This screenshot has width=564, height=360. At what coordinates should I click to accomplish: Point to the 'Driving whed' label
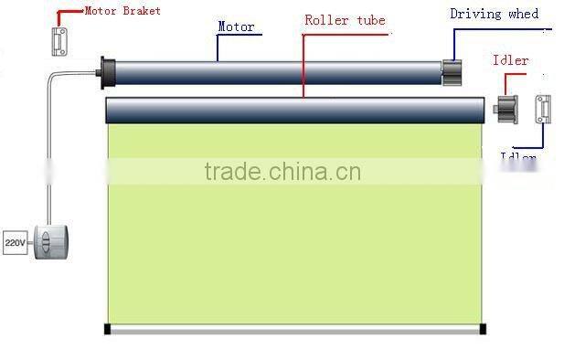(495, 14)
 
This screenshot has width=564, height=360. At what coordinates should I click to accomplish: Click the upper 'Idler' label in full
(510, 60)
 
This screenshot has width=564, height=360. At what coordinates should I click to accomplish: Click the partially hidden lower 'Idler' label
(518, 156)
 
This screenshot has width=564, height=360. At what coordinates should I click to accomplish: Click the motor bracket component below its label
(61, 40)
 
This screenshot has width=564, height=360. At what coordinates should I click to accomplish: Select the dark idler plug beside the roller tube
(507, 110)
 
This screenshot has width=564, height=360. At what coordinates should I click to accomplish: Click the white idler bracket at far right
(544, 110)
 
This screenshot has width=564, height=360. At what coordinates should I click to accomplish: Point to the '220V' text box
(15, 243)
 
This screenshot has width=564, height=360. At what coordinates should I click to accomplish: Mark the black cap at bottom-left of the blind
(109, 327)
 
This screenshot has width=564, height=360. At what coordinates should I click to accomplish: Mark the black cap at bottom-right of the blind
(484, 327)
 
